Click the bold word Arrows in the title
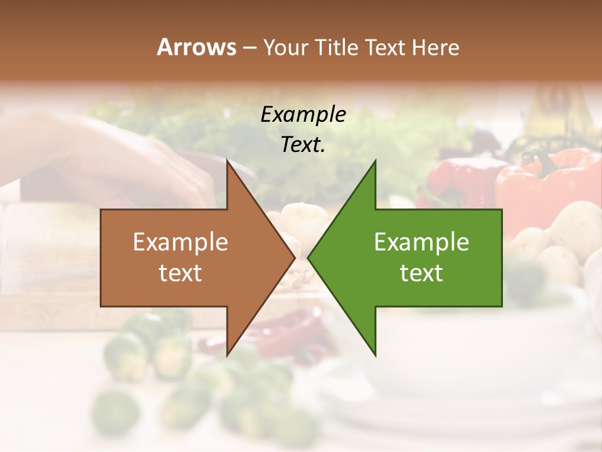tap(196, 47)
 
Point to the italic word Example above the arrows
tap(303, 114)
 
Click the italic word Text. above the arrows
tap(303, 145)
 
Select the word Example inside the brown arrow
tap(181, 242)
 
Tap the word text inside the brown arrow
tap(181, 273)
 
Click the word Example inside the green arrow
tap(421, 242)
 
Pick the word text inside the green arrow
tap(421, 273)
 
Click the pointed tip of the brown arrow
tap(295, 257)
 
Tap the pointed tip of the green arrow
tap(308, 257)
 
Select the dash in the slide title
tap(249, 48)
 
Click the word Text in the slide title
tap(386, 47)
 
